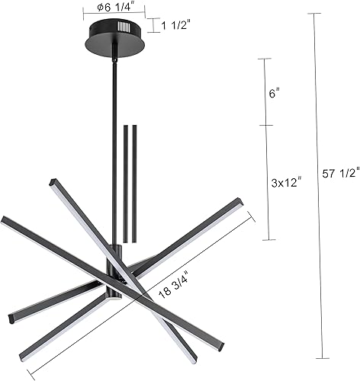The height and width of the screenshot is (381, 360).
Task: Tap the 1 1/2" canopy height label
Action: click(x=176, y=26)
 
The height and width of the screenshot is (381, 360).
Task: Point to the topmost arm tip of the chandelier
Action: click(x=52, y=182)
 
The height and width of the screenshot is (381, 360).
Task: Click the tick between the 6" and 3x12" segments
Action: click(x=265, y=126)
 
